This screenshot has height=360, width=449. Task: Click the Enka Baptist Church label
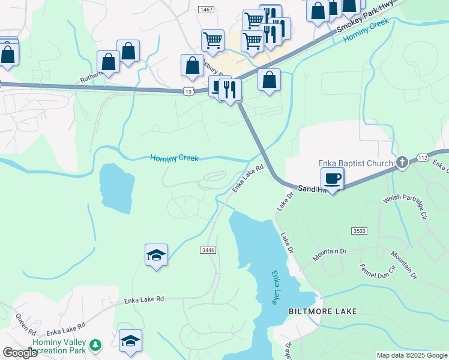pyautogui.click(x=356, y=163)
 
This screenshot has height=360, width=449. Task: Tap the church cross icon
pyautogui.click(x=402, y=162)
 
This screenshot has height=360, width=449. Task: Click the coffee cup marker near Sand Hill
pyautogui.click(x=332, y=178)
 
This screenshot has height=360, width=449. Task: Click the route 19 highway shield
pyautogui.click(x=188, y=91)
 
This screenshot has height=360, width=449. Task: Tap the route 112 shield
pyautogui.click(x=422, y=158)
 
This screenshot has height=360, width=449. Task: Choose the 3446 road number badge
pyautogui.click(x=208, y=250)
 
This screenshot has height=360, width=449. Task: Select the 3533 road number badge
pyautogui.click(x=359, y=230)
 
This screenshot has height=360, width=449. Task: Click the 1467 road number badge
pyautogui.click(x=206, y=10)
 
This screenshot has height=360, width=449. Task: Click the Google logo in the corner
pyautogui.click(x=20, y=353)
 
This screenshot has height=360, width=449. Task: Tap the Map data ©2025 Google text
pyautogui.click(x=412, y=355)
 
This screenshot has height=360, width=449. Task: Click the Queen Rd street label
pyautogui.click(x=26, y=324)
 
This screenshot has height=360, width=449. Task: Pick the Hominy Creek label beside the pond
pyautogui.click(x=174, y=158)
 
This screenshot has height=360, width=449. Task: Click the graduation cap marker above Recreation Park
pyautogui.click(x=130, y=341)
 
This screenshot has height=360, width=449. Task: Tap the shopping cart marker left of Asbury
pyautogui.click(x=212, y=41)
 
